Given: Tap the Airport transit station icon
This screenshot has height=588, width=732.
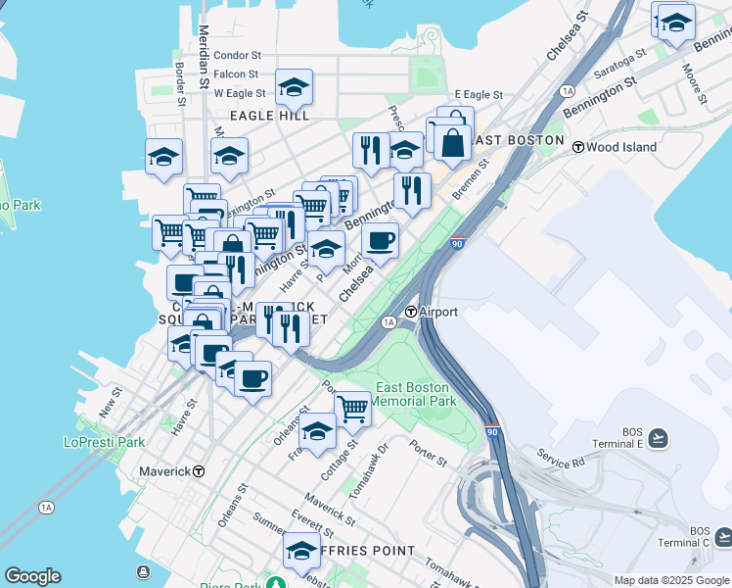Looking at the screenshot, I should click(412, 312).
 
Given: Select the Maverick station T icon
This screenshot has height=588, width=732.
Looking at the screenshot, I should click(199, 470).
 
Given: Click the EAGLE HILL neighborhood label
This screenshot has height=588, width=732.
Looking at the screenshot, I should click(269, 116).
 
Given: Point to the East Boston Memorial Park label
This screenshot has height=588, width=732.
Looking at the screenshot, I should click(416, 394).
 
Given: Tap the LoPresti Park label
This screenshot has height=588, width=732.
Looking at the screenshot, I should click(104, 442).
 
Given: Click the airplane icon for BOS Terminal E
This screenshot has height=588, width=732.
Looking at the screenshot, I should click(659, 437).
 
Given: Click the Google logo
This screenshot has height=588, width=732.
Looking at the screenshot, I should click(32, 576).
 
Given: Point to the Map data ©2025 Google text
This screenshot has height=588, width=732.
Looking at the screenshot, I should click(670, 580).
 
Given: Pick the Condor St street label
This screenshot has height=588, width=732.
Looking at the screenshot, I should click(237, 56).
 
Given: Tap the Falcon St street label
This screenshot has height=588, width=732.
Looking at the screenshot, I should click(236, 73).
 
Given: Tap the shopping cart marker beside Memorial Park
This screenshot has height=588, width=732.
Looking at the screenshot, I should click(352, 408).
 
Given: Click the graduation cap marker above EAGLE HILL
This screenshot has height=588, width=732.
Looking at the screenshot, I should click(294, 87).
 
